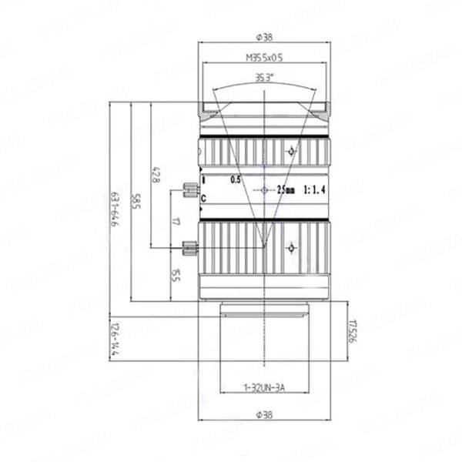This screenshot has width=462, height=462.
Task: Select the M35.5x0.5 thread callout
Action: [x=264, y=56]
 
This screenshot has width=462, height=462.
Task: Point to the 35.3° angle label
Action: [x=264, y=76]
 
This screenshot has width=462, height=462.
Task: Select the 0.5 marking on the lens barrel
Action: [x=236, y=180]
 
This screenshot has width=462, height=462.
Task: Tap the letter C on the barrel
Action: [x=203, y=199]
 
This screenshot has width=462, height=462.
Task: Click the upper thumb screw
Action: [x=189, y=189]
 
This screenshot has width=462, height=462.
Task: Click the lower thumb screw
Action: [x=189, y=247]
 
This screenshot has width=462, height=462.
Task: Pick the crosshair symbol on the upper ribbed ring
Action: [x=290, y=151]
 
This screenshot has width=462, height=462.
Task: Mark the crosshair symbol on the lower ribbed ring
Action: [x=290, y=247]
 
